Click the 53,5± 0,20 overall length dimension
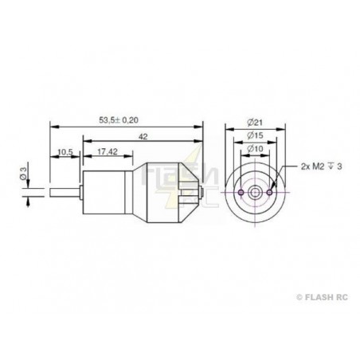119,120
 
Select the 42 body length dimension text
143,137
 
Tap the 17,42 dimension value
108,151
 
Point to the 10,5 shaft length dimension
65,152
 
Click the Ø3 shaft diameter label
24,173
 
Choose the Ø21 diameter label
255,123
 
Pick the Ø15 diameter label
255,135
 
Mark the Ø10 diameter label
255,148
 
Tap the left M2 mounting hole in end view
241,192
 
